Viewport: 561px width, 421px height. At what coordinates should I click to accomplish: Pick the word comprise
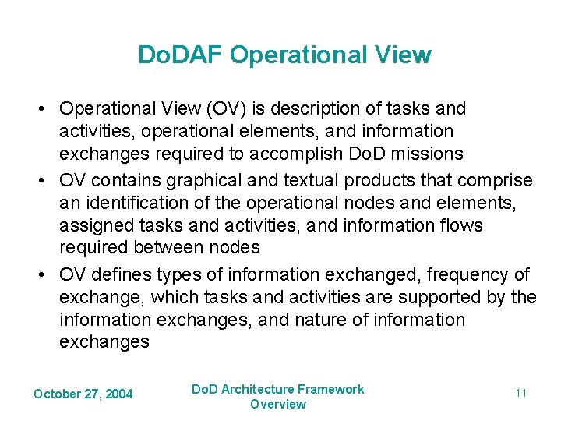click(495, 181)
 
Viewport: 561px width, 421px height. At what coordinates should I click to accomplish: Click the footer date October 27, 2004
click(83, 394)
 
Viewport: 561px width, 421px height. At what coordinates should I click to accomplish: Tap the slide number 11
click(520, 393)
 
